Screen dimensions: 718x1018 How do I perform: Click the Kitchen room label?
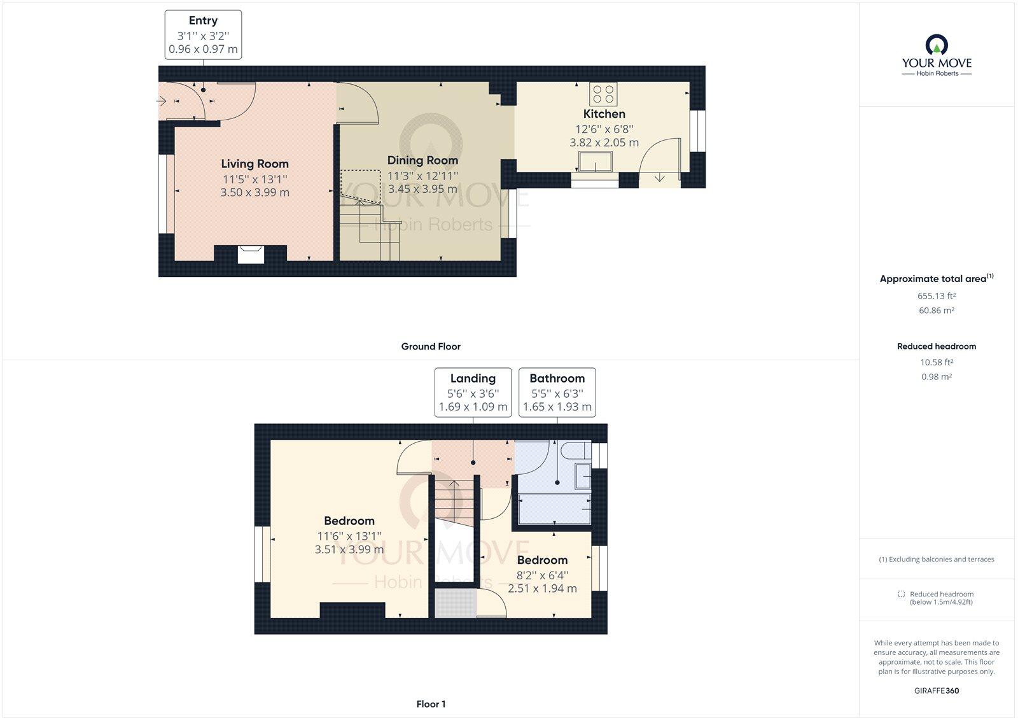tap(604, 114)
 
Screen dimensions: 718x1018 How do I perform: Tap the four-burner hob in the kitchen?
tap(603, 94)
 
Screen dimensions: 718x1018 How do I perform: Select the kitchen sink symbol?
tap(596, 163)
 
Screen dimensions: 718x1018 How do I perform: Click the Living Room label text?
tap(254, 164)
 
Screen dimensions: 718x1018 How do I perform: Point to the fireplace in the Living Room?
tap(250, 254)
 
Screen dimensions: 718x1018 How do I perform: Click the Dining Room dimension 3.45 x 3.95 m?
tap(422, 189)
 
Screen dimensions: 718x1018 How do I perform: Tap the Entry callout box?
tap(203, 35)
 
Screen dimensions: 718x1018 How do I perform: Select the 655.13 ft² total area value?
tap(937, 296)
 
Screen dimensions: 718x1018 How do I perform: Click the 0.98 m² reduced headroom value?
tap(937, 377)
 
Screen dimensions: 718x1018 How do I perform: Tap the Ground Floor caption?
tap(431, 347)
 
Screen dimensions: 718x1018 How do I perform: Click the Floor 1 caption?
tap(431, 704)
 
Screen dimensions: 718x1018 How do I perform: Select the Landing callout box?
tap(473, 393)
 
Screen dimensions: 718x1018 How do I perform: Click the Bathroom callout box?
tap(557, 393)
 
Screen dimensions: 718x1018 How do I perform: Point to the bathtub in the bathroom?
tap(555, 509)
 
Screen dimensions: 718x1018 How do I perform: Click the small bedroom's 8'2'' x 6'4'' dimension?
tap(542, 575)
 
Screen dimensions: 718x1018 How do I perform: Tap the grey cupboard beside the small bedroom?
tap(456, 604)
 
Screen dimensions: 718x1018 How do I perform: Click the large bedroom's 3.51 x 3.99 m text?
tap(349, 549)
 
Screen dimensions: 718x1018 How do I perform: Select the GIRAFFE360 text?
tap(937, 691)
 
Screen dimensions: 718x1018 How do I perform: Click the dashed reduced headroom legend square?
tap(901, 594)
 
